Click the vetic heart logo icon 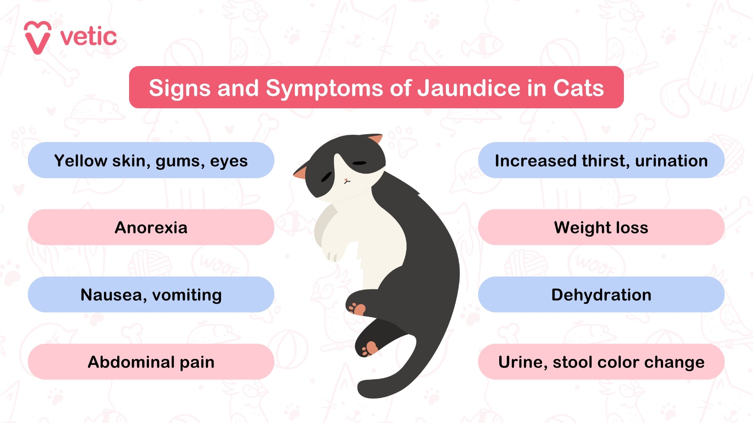(x=37, y=37)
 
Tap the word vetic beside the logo (x=88, y=37)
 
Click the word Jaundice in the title (x=469, y=88)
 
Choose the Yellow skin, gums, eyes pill (x=151, y=160)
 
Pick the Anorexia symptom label (x=151, y=228)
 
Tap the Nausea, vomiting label (x=151, y=295)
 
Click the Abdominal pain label (x=151, y=362)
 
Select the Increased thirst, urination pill (x=601, y=160)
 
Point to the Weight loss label (x=601, y=228)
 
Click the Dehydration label (x=601, y=295)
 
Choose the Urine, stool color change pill (x=601, y=362)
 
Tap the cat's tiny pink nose (x=346, y=181)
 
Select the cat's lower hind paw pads (x=369, y=349)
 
